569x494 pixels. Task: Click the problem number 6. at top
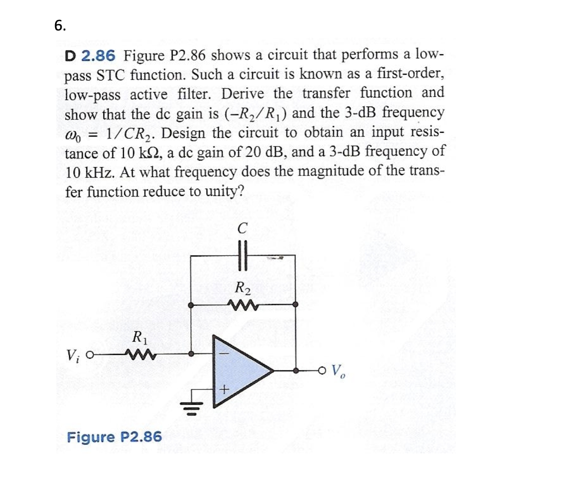(60, 26)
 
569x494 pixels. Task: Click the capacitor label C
(242, 228)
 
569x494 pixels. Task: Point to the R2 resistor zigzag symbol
(242, 304)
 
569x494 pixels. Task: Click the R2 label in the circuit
(242, 288)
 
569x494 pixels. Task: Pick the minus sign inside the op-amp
(224, 353)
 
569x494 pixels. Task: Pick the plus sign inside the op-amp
(224, 388)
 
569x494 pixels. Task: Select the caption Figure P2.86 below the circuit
(114, 437)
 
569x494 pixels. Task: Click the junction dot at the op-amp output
(296, 371)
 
